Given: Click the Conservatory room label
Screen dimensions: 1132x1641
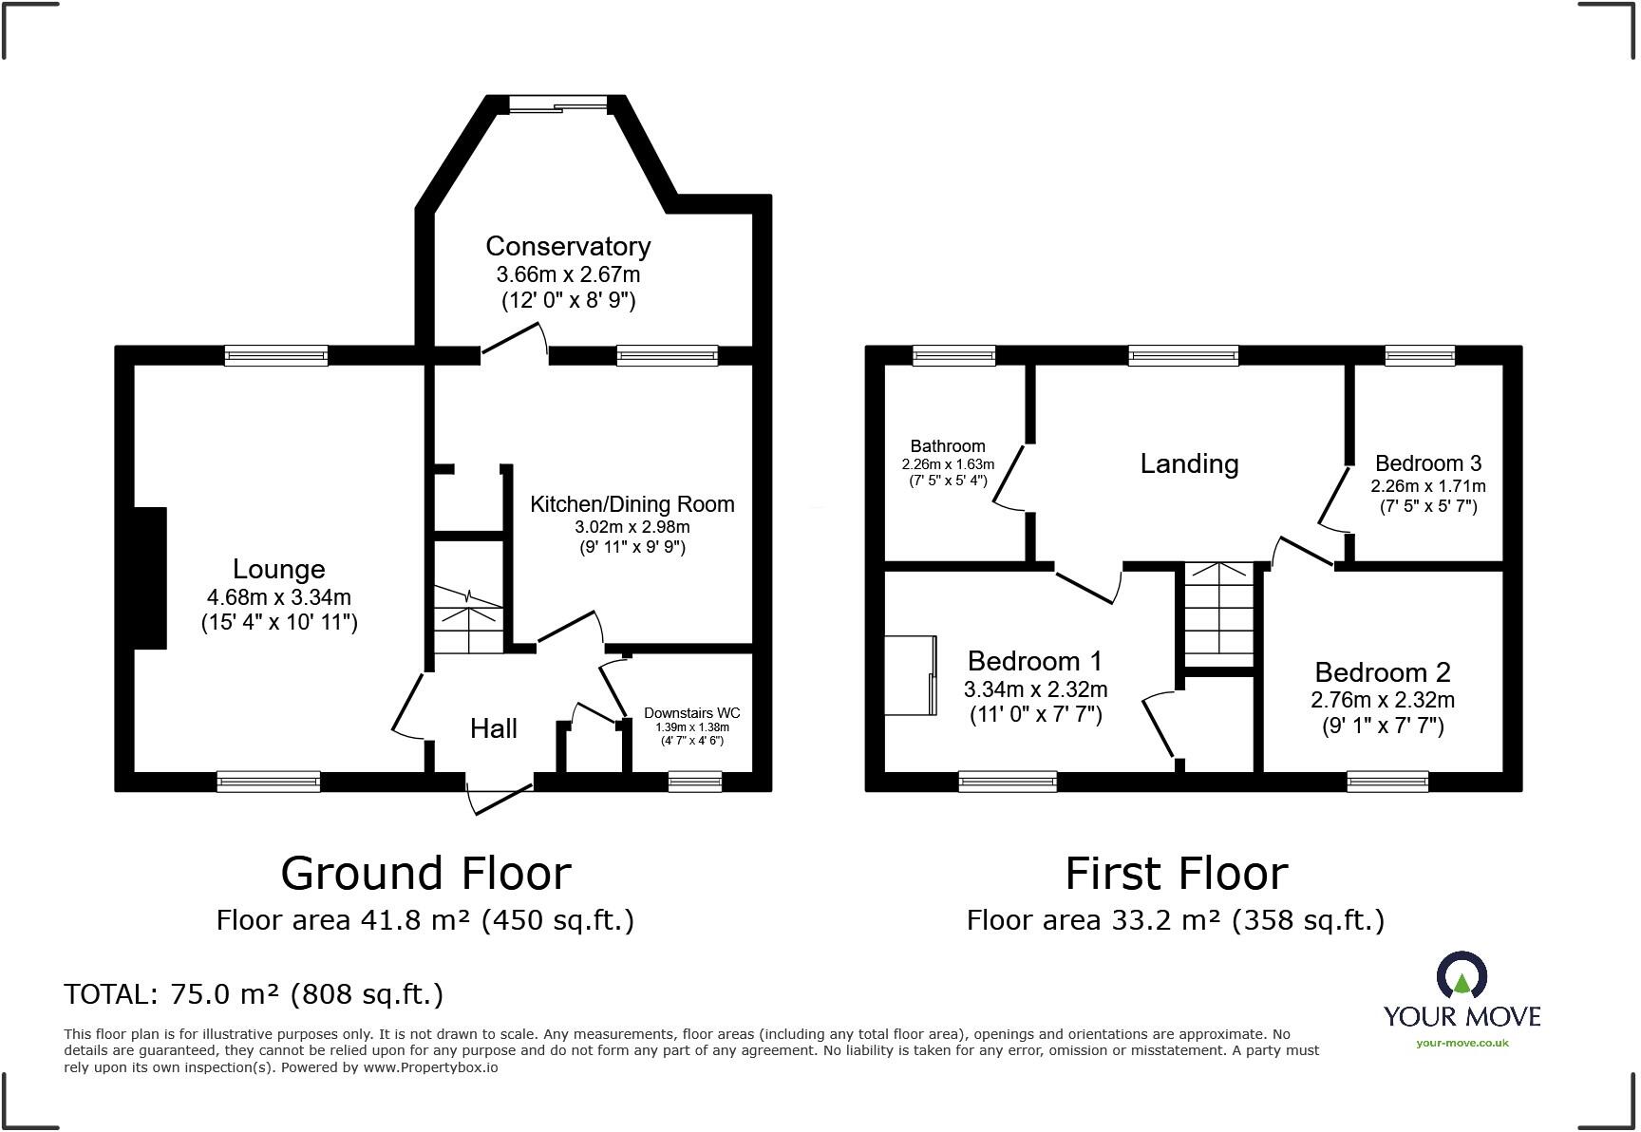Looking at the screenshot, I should (x=568, y=246).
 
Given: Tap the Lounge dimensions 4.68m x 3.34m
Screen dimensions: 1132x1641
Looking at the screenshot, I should (x=278, y=597).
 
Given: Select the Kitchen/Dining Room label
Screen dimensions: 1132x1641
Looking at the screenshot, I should (x=632, y=504).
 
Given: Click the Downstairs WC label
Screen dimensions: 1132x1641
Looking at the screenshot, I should (x=691, y=713).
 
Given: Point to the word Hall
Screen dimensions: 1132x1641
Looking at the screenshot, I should (x=493, y=728).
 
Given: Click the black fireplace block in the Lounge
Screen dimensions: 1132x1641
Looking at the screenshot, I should (x=150, y=578).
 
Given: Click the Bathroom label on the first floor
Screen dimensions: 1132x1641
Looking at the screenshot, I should (x=947, y=446).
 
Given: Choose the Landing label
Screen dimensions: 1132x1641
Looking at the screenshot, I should (x=1189, y=463).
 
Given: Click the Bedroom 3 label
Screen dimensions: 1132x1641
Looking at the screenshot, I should (x=1427, y=463).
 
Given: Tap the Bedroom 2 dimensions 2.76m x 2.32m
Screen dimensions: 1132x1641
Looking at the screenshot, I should (x=1383, y=700).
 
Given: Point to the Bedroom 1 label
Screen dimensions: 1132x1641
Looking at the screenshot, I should (x=1035, y=661).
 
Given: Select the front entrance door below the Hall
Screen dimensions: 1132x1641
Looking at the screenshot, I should (x=500, y=795).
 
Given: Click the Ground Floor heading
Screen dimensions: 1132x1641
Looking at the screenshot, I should (x=425, y=874).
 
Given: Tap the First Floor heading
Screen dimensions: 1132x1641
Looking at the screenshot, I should (x=1176, y=874).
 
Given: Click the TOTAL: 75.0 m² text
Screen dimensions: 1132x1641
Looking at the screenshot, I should (x=253, y=994).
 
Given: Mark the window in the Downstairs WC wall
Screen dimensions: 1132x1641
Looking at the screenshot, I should (x=694, y=782).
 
